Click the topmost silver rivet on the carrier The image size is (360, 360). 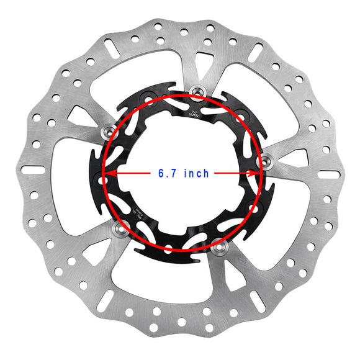(197, 91)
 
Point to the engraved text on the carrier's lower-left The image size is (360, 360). (135, 213)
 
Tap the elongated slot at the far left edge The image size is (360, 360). (32, 169)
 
